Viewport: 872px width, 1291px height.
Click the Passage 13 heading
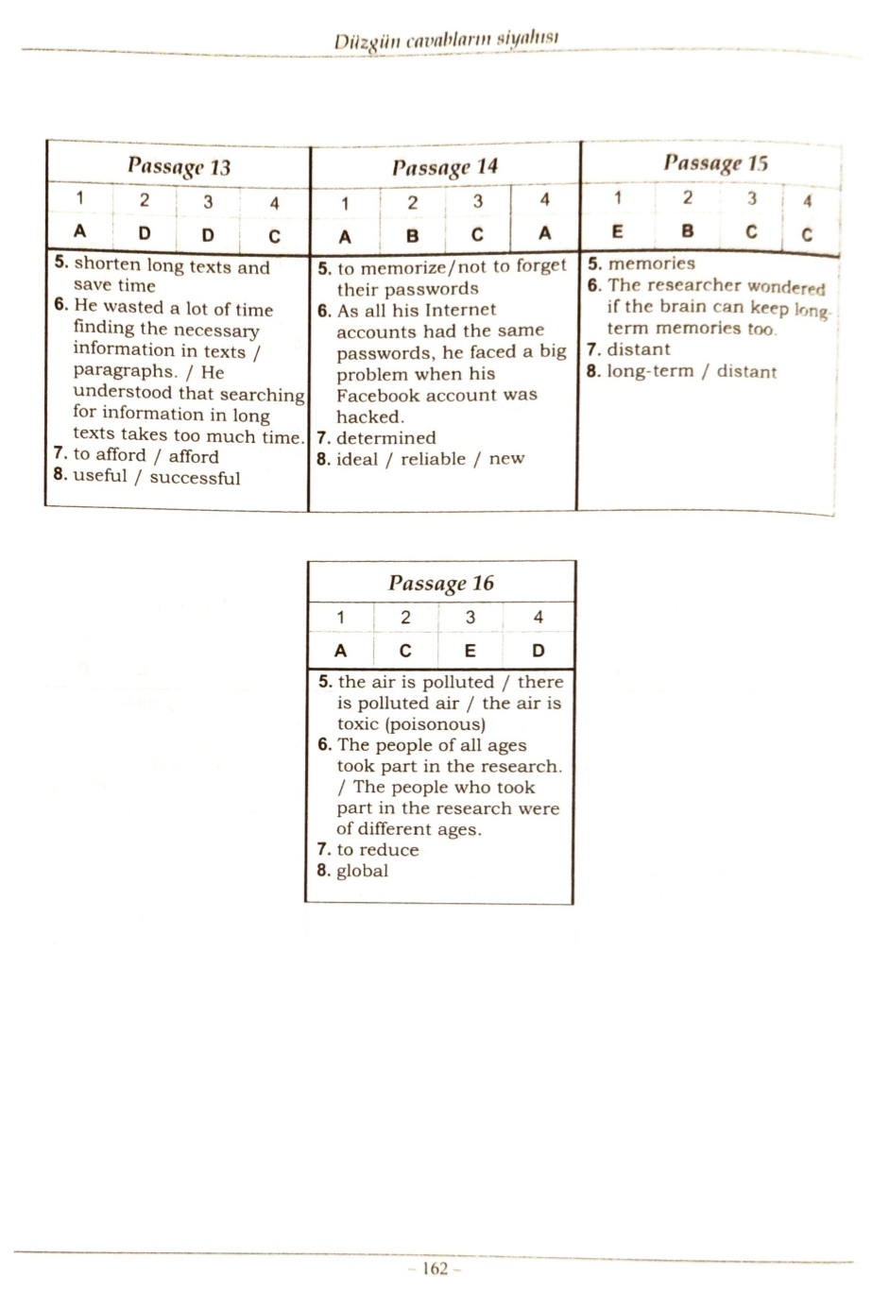180,167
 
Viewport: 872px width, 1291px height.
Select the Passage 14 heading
444,167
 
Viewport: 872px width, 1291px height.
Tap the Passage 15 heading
715,163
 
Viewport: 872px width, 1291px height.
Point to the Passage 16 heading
441,583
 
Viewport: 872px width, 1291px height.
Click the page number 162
435,1268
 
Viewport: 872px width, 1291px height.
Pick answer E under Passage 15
618,230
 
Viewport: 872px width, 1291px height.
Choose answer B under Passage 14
412,235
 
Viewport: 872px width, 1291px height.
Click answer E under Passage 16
470,650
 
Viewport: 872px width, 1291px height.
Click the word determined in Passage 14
385,438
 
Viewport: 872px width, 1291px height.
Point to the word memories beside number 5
651,263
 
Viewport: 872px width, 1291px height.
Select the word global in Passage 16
362,871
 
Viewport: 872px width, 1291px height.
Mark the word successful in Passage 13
195,478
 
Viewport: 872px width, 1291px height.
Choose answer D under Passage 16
538,650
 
